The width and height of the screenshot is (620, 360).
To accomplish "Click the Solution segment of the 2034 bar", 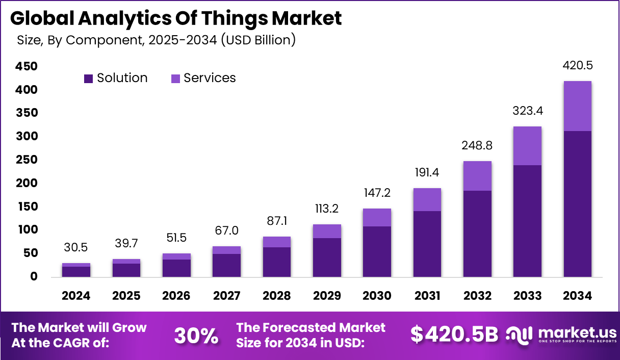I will [577, 204].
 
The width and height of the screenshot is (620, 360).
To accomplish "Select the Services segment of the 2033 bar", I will [527, 146].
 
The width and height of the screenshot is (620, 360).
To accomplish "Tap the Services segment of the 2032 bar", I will [477, 176].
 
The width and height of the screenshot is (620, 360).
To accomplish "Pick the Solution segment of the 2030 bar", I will [377, 251].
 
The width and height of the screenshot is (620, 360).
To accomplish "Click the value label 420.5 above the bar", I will [577, 66].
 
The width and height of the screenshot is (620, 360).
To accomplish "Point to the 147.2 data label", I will [377, 193].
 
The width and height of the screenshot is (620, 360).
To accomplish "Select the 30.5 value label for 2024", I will [76, 247].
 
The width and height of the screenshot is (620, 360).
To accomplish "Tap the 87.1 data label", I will [277, 221].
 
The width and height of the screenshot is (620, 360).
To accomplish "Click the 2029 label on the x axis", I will [327, 296].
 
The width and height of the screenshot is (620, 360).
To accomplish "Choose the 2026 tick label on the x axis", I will [176, 296].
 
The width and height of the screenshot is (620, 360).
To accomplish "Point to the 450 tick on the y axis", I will [27, 67].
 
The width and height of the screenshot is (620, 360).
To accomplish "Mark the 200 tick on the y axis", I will [27, 183].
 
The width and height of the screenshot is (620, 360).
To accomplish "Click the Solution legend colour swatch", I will [89, 79].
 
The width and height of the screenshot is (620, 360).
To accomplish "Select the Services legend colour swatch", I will [175, 79].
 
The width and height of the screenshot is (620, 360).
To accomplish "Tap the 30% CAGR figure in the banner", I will [196, 335].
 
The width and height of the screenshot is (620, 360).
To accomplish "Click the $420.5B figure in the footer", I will [454, 335].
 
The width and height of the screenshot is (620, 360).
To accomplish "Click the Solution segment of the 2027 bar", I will [226, 265].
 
